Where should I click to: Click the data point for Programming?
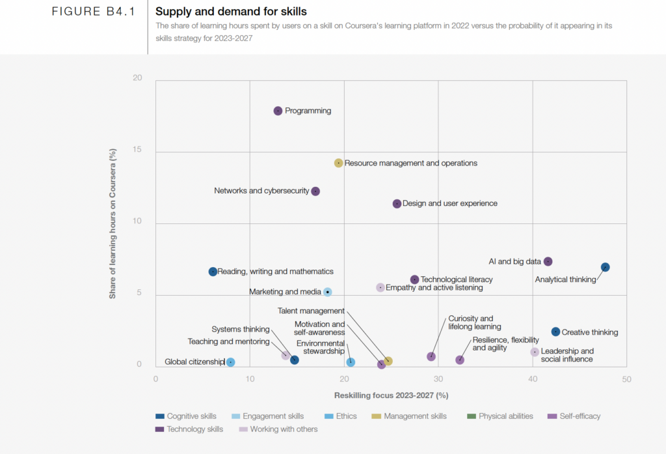click(278, 111)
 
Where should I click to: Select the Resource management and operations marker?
click(338, 163)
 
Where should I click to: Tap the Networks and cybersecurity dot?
click(315, 192)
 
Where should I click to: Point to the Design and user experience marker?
click(397, 204)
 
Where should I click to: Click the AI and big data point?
click(548, 262)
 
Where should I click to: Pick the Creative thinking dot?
click(555, 332)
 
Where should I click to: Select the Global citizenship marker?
click(230, 362)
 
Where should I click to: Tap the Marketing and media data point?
click(328, 292)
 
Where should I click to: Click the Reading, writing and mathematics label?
click(275, 272)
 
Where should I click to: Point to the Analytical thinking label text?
click(565, 280)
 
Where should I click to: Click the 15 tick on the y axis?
click(137, 150)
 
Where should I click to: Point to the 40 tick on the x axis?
click(533, 378)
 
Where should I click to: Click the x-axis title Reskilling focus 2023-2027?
click(391, 395)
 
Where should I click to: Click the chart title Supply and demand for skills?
click(231, 12)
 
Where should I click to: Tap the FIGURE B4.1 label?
click(94, 12)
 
